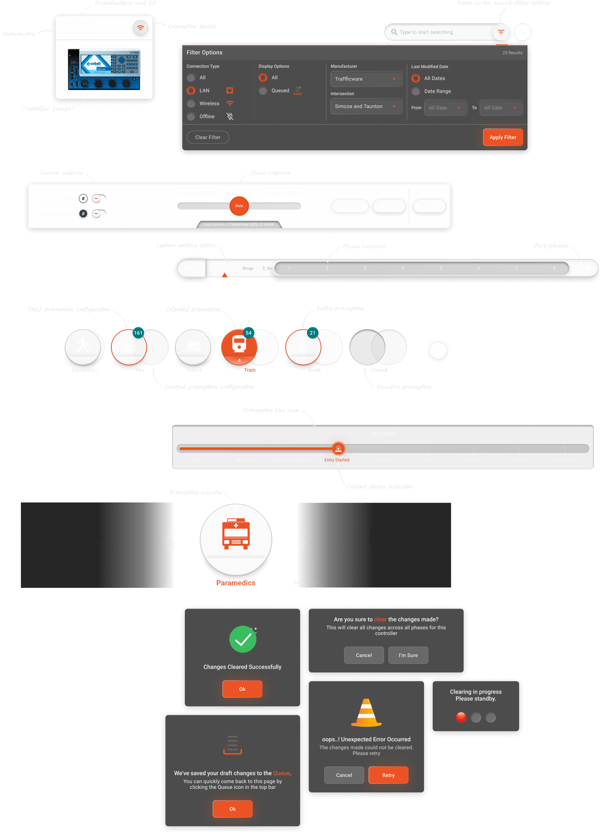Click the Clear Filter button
click(207, 137)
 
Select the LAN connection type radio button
click(191, 90)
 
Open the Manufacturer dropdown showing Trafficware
click(366, 79)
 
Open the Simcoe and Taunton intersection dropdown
click(366, 106)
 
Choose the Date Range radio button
click(416, 91)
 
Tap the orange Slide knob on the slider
click(239, 206)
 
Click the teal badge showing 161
click(138, 333)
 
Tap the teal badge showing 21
click(313, 333)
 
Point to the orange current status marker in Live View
click(338, 448)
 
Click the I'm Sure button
click(408, 655)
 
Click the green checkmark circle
click(243, 639)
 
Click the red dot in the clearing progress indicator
click(461, 717)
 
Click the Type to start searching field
click(439, 32)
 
